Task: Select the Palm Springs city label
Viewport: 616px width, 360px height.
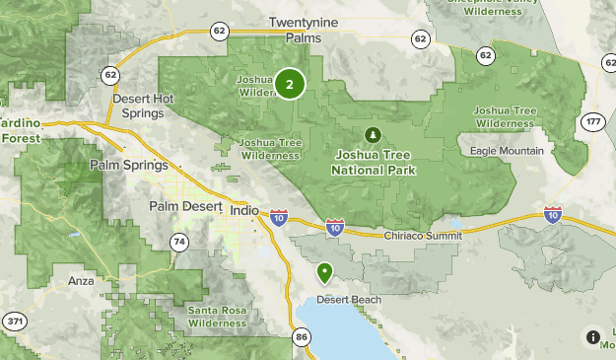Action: pyautogui.click(x=129, y=165)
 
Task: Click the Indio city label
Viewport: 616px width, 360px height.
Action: pyautogui.click(x=242, y=210)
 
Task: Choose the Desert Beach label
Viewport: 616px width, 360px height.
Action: pyautogui.click(x=342, y=299)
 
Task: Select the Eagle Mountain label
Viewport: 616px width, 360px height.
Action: pyautogui.click(x=507, y=151)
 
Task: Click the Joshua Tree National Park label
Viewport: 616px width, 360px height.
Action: pyautogui.click(x=374, y=163)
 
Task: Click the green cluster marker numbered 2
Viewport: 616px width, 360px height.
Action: pyautogui.click(x=289, y=84)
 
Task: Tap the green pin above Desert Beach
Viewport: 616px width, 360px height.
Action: pyautogui.click(x=324, y=272)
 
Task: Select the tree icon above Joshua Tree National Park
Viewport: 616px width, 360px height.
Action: pyautogui.click(x=373, y=134)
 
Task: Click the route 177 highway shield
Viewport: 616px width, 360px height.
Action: pyautogui.click(x=592, y=121)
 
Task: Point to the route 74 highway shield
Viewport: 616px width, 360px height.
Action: pyautogui.click(x=178, y=242)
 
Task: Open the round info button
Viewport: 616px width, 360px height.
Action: pyautogui.click(x=592, y=336)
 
